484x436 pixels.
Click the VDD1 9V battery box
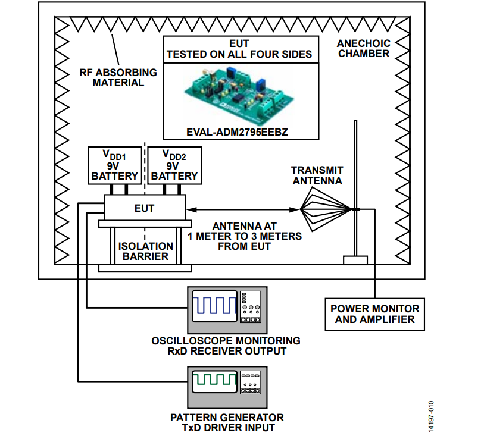[x=115, y=165]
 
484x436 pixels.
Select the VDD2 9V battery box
[x=174, y=165]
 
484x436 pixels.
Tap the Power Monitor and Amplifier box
[x=374, y=314]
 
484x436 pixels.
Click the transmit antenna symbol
[x=326, y=210]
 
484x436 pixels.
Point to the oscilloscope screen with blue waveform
[x=214, y=306]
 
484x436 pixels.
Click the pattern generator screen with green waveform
[x=214, y=381]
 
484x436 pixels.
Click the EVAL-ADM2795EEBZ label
[x=237, y=132]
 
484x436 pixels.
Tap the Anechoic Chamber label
[x=364, y=48]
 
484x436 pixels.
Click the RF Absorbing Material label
[x=118, y=77]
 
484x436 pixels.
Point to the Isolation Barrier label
[x=145, y=251]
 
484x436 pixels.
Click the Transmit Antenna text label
[x=317, y=175]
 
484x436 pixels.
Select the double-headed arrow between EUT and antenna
[x=243, y=210]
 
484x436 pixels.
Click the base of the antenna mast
[x=355, y=261]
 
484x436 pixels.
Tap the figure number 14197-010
[x=431, y=416]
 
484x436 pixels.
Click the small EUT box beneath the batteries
[x=145, y=208]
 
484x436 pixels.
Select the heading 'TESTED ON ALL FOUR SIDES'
[x=239, y=54]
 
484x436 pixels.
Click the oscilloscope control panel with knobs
[x=250, y=307]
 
